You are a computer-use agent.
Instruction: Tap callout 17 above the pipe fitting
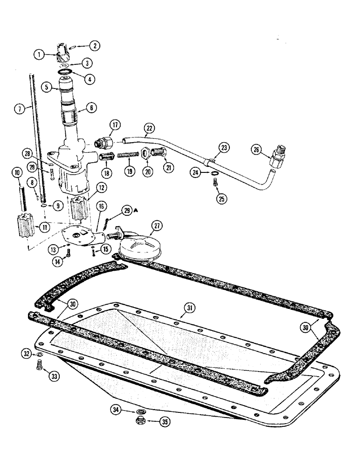115,124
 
